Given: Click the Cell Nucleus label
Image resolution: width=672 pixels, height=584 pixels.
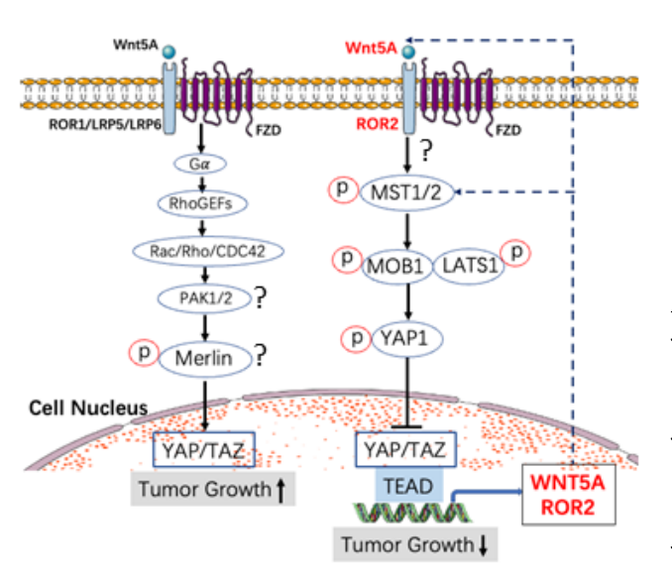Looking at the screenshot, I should [x=88, y=409].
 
